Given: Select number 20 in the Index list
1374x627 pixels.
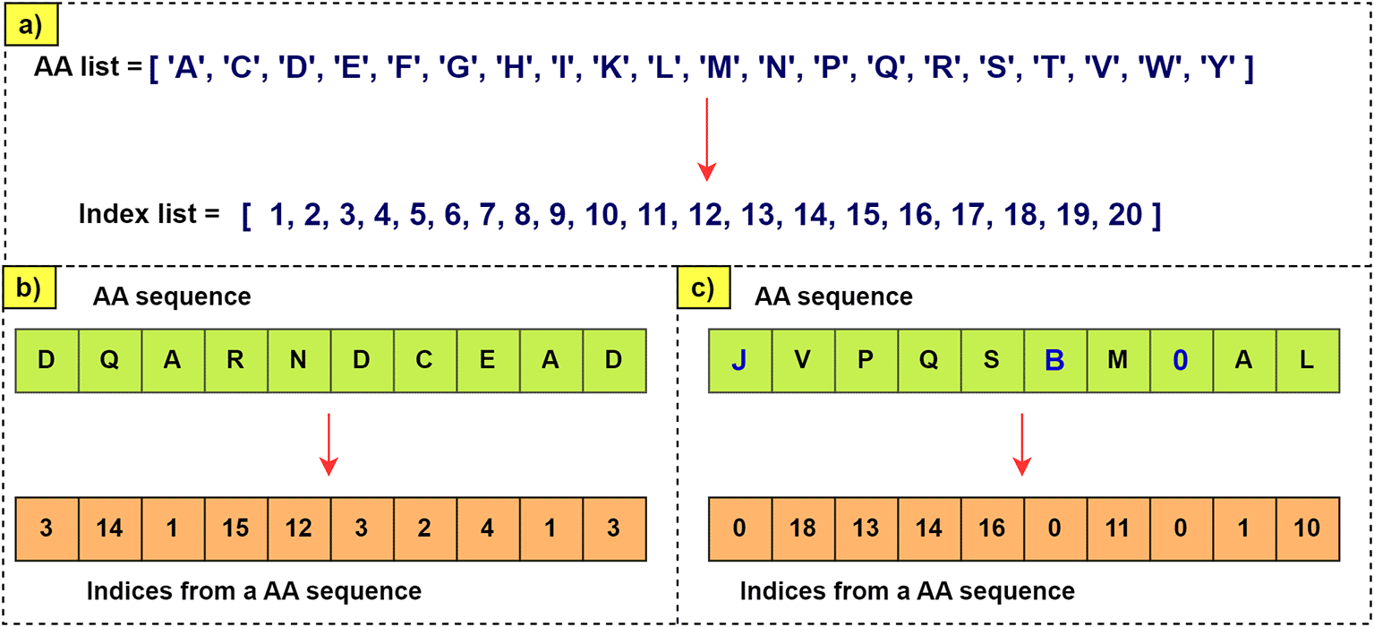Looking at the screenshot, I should pyautogui.click(x=1124, y=215).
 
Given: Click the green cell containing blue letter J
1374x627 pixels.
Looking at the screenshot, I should pyautogui.click(x=739, y=361).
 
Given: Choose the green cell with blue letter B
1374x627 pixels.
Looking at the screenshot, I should pyautogui.click(x=1055, y=361).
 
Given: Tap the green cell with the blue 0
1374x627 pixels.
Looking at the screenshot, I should pyautogui.click(x=1181, y=361).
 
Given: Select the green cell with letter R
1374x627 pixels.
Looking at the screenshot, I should pyautogui.click(x=235, y=361).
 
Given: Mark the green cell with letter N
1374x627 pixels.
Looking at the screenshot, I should pyautogui.click(x=298, y=361).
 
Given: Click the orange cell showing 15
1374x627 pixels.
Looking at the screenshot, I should pyautogui.click(x=235, y=528).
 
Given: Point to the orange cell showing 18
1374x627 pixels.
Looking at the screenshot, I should pyautogui.click(x=803, y=528).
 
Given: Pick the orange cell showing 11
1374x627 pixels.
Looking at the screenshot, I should pyautogui.click(x=1118, y=528).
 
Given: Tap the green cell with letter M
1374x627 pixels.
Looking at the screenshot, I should pyautogui.click(x=1118, y=361).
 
